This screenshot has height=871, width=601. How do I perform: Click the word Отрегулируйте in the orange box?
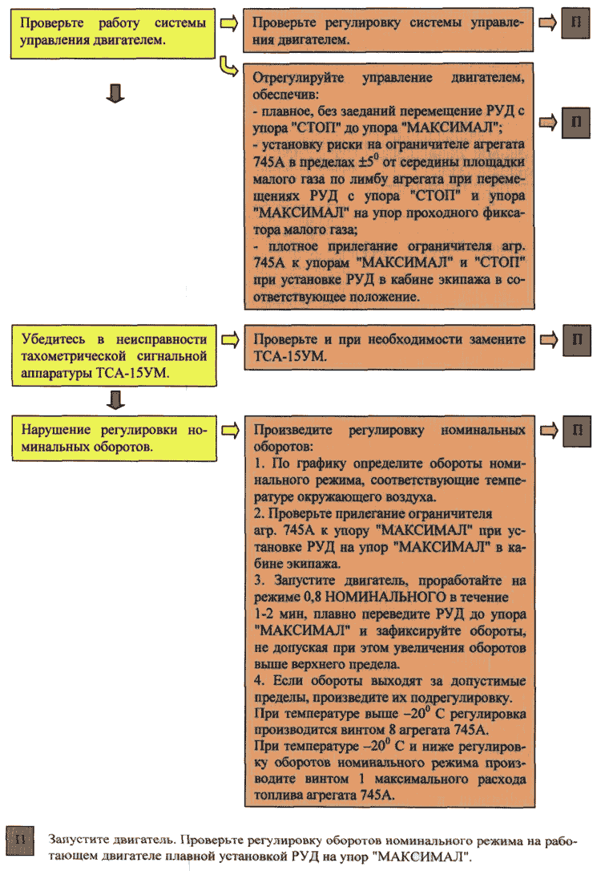click(293, 79)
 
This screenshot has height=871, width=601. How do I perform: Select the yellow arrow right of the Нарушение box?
click(229, 431)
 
